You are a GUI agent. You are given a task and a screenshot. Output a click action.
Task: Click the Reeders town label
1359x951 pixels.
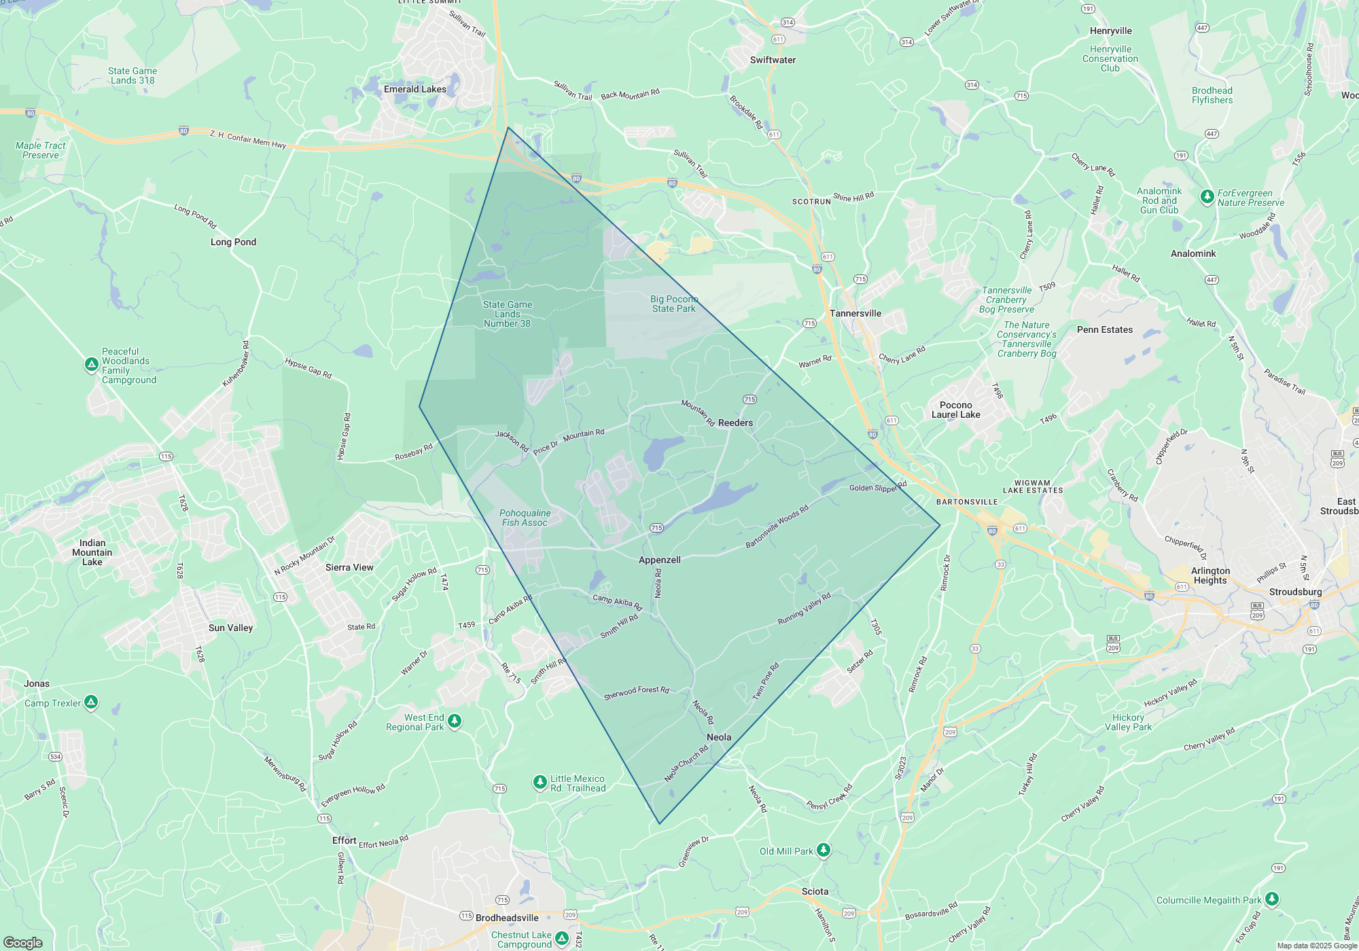pos(735,423)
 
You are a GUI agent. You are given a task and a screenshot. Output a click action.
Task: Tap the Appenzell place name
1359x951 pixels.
pos(659,560)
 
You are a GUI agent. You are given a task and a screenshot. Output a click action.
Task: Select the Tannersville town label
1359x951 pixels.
pos(855,313)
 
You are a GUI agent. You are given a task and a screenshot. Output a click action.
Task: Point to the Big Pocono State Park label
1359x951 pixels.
pos(673,304)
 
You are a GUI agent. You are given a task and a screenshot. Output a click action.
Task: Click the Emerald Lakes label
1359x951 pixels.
pos(414,89)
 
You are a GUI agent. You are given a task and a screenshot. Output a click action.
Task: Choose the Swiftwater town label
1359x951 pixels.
pos(773,60)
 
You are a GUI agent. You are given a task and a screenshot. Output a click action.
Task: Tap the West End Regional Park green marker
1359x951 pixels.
pos(455,721)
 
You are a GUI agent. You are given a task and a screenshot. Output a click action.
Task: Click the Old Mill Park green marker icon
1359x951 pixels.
pos(823,850)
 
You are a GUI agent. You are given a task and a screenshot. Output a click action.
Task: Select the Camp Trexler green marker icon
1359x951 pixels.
pos(91,702)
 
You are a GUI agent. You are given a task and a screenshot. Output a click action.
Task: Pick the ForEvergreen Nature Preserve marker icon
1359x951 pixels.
pos(1207,196)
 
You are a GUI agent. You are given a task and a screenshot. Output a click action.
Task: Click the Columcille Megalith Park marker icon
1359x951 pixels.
pos(1272,899)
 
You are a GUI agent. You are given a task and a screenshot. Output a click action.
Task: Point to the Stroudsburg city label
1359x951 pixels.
pos(1295,592)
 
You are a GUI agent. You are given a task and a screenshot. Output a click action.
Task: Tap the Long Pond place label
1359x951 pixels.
pos(233,242)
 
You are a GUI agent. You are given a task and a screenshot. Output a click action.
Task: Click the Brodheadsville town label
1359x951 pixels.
pos(507,918)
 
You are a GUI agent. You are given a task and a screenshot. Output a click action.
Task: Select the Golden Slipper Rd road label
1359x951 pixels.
pos(878,487)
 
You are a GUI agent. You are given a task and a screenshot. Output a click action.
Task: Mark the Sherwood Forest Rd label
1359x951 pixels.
pos(636,692)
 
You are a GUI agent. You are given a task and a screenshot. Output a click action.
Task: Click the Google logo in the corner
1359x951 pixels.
pos(22,943)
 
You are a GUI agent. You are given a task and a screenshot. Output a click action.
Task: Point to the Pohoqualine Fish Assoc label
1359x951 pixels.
pos(525,518)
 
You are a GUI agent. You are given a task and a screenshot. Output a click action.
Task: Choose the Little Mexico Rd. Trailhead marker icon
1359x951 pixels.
pos(540,782)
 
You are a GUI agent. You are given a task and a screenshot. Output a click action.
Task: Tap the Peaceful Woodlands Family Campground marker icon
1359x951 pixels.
pos(92,365)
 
